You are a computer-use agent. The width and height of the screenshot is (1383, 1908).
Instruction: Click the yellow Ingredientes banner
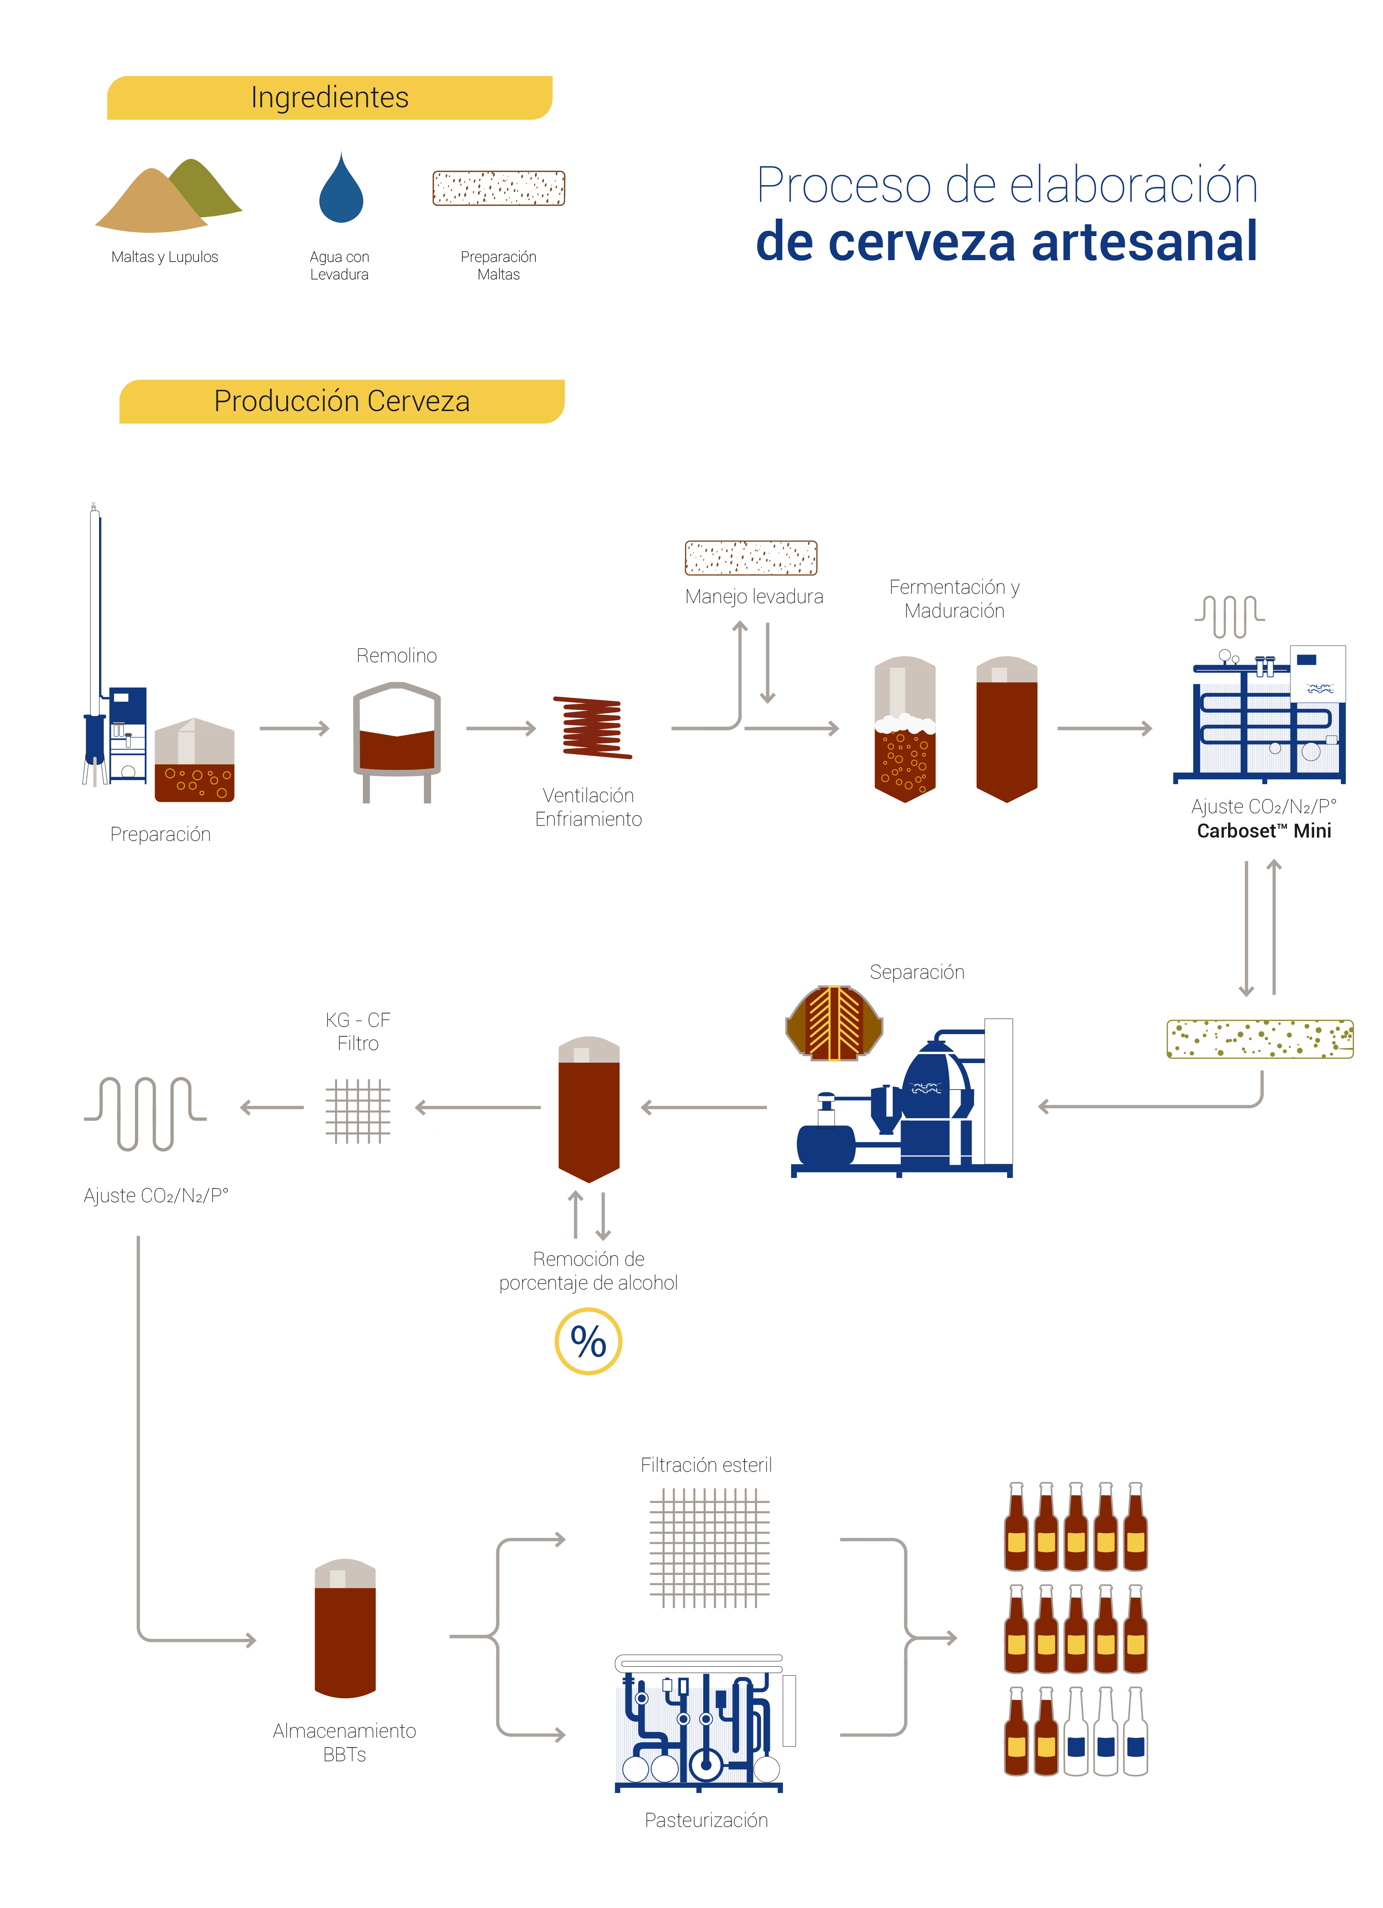[330, 97]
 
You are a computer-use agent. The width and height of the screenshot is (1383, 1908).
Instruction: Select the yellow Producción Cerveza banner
[342, 401]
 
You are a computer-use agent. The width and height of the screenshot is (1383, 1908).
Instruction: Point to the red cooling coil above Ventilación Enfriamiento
[592, 727]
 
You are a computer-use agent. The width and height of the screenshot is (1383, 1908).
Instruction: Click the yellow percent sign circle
[588, 1341]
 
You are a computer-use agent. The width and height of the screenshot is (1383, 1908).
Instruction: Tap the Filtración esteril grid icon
[709, 1548]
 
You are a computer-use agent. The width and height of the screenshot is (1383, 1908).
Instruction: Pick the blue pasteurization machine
[700, 1724]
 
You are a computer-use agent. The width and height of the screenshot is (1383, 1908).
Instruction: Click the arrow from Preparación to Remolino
[294, 729]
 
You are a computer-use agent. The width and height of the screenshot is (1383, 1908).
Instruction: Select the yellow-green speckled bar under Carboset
[1259, 1039]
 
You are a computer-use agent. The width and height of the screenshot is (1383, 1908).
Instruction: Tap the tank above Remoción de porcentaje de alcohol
[589, 1109]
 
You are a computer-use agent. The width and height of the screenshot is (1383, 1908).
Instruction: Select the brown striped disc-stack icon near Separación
[834, 1023]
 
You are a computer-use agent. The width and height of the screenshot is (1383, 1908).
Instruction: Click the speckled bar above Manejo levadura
[750, 558]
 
